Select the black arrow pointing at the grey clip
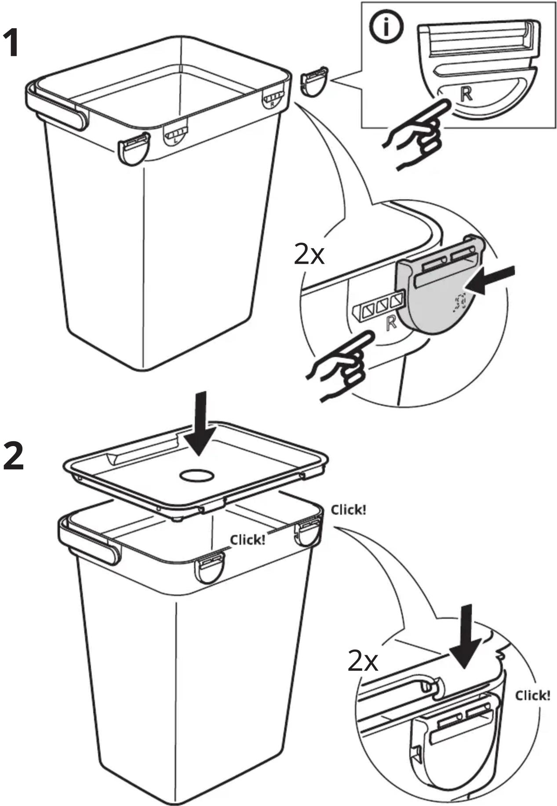490,279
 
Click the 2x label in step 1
309,254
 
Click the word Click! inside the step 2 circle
532,695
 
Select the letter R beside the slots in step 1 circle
390,323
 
